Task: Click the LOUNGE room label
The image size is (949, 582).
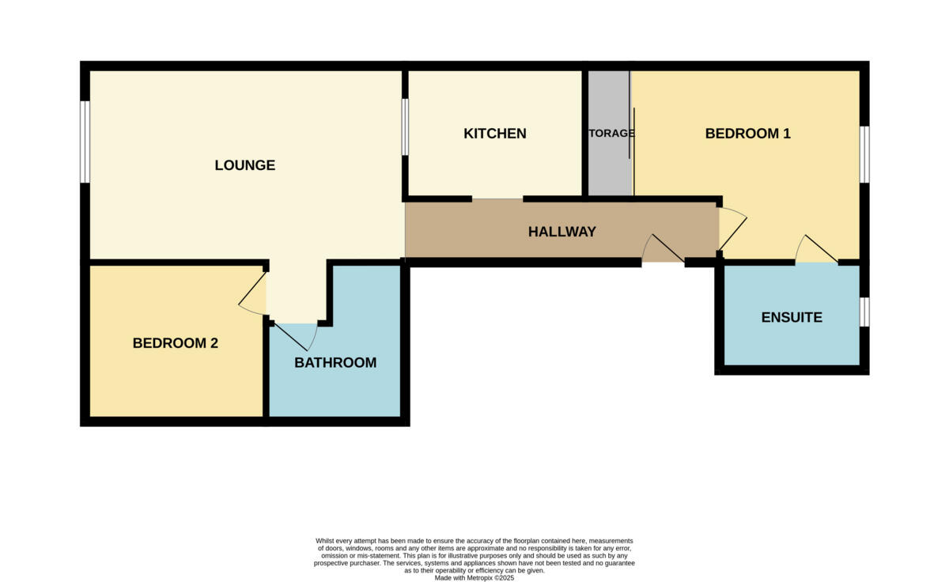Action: coord(245,165)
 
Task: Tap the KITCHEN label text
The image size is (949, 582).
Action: coord(495,134)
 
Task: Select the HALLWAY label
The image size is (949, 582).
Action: coord(561,232)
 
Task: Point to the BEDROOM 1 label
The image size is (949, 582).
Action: coord(747,134)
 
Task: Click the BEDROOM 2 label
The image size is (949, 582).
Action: coord(175,343)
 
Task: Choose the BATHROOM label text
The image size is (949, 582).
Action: coord(335,363)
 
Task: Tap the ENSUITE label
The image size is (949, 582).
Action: coord(792,317)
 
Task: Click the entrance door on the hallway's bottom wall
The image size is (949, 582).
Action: coord(663,249)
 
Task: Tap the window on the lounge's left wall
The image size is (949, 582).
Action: coord(85,142)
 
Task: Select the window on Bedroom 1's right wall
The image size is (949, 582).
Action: coord(864,154)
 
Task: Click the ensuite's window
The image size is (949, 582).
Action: coord(864,312)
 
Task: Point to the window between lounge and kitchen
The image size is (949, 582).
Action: coord(405,127)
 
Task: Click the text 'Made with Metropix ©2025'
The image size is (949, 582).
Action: coord(475,578)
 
